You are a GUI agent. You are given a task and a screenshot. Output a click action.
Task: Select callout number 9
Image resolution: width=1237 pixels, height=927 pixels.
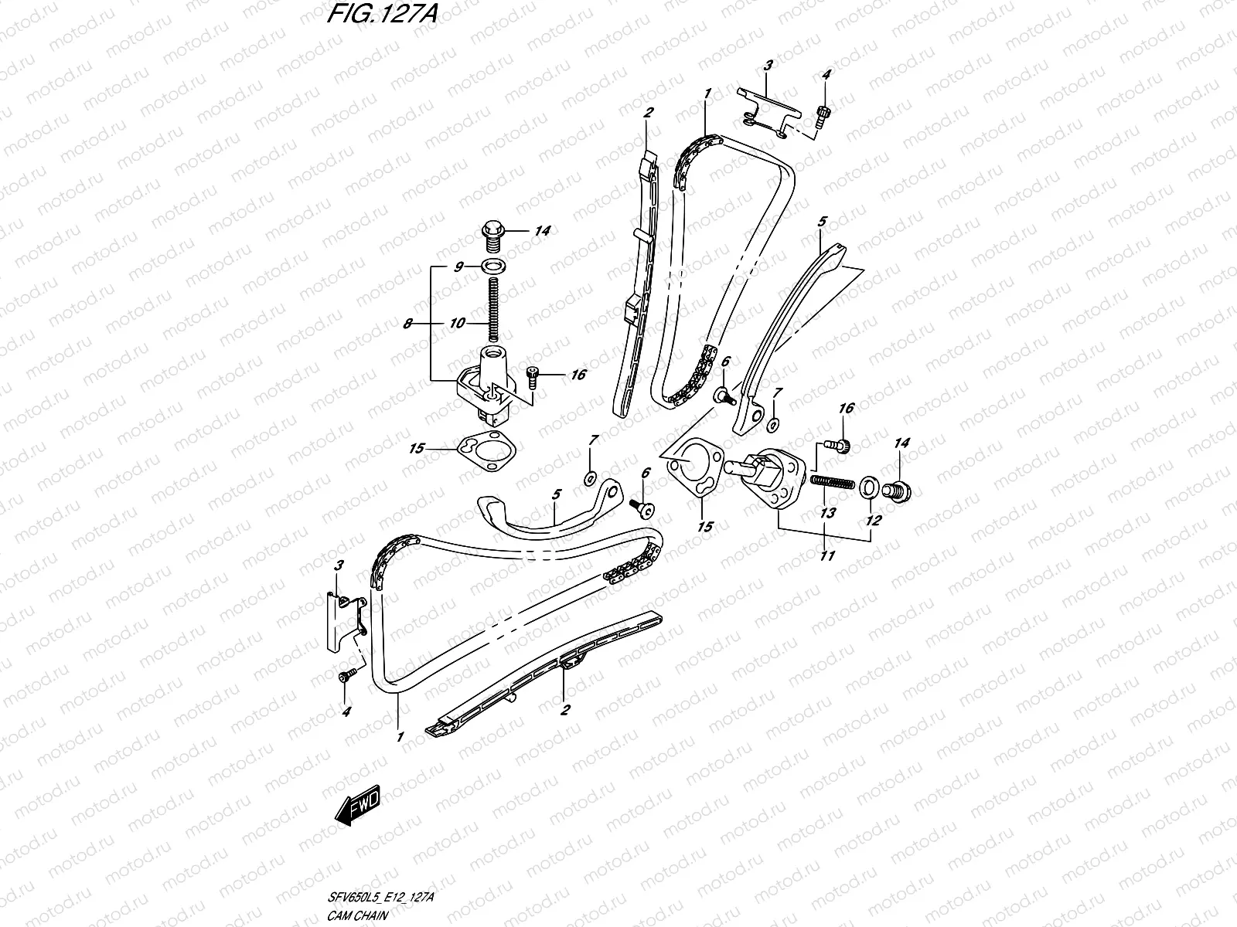[x=459, y=267]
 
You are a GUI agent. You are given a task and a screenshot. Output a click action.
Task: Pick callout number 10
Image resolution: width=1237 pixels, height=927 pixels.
[x=457, y=323]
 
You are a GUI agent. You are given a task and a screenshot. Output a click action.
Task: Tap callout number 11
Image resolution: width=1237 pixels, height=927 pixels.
[x=827, y=555]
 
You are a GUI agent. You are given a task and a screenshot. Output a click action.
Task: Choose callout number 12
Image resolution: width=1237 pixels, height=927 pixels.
[x=873, y=521]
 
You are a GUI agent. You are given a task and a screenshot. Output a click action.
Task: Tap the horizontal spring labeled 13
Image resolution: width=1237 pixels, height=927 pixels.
[x=832, y=483]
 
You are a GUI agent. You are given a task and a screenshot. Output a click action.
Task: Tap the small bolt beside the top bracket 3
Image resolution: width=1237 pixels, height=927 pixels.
[x=821, y=115]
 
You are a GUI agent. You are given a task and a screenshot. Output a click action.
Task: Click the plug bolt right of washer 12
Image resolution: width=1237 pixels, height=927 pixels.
[x=900, y=490]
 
